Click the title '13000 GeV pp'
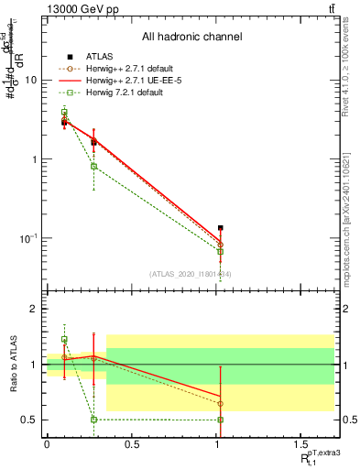[x=78, y=8]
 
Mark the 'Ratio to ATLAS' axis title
[x=13, y=365]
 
